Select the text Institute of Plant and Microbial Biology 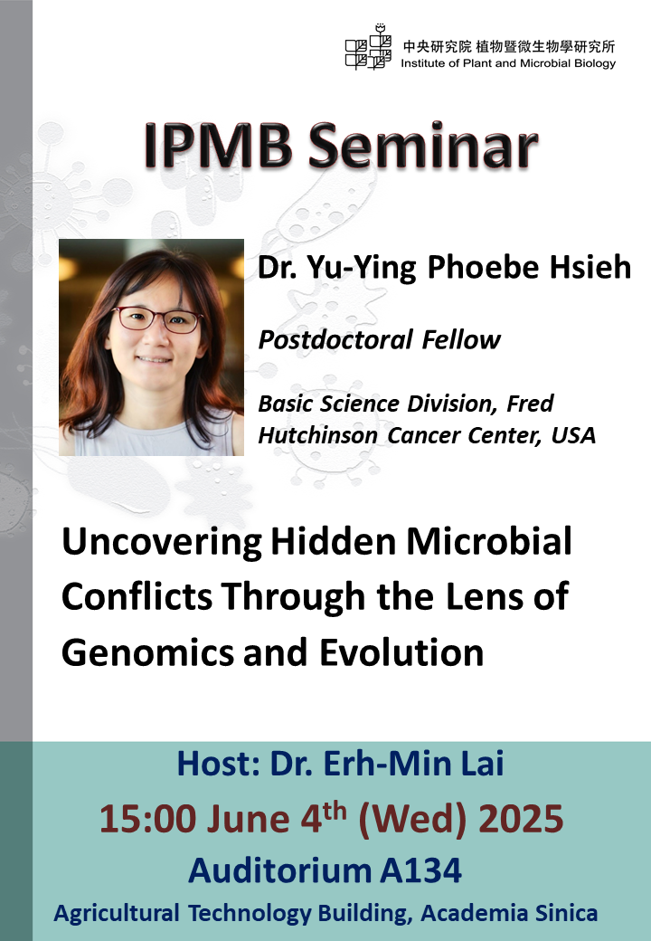pyautogui.click(x=507, y=63)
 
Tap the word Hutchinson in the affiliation pyautogui.click(x=320, y=434)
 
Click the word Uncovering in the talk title pyautogui.click(x=159, y=543)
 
